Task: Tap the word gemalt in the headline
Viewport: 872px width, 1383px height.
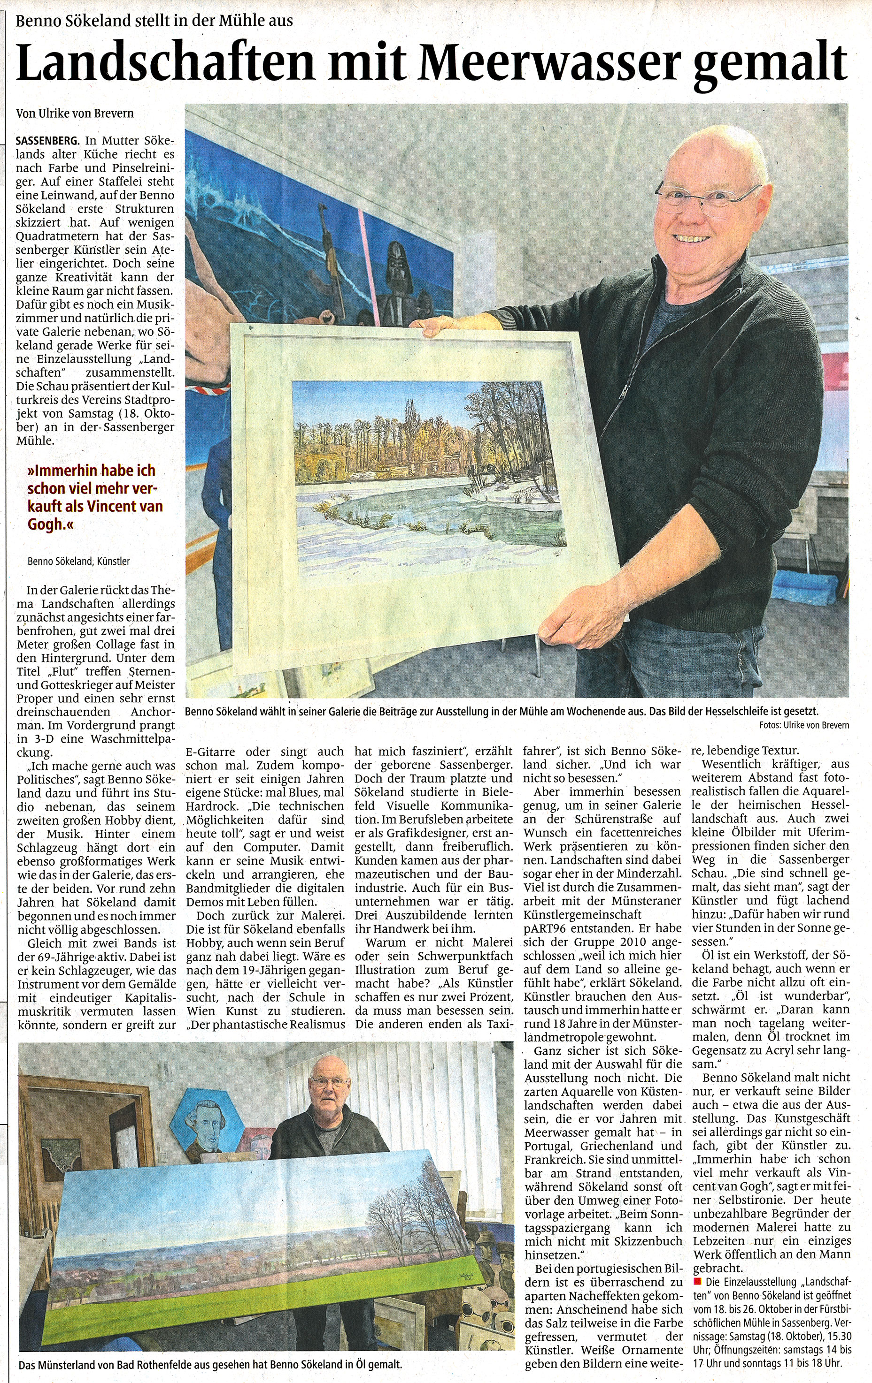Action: (x=770, y=63)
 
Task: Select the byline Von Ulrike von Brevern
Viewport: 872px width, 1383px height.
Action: (x=75, y=113)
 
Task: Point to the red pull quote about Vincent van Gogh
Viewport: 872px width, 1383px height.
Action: (x=95, y=497)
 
